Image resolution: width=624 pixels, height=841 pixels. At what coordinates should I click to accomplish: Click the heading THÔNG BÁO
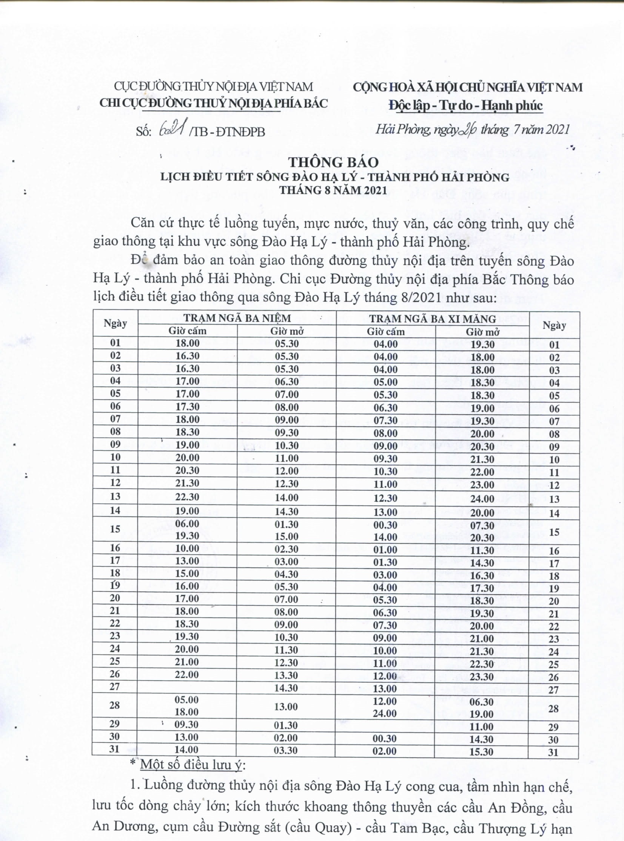coord(334,162)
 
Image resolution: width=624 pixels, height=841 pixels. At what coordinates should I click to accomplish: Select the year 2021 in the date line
coord(558,130)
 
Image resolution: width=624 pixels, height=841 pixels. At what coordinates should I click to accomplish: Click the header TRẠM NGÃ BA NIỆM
coord(237,318)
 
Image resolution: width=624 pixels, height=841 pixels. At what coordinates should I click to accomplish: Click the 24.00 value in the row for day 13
coord(482,499)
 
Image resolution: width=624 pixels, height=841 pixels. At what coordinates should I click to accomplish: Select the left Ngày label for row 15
coord(115,529)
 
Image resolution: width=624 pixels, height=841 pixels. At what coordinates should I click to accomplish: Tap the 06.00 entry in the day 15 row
coord(187,524)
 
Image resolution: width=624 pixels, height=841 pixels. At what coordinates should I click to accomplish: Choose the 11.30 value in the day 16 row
coord(482,550)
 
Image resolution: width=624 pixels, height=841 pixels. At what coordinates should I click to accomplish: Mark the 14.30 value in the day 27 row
coord(286,688)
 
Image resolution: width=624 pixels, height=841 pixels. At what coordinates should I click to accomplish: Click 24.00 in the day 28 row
coord(385,713)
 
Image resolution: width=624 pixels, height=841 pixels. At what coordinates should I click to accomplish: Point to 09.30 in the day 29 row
coord(187,725)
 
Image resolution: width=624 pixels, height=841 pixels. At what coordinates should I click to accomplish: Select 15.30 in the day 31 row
coord(482,751)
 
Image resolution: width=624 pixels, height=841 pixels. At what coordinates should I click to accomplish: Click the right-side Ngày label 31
coord(553,752)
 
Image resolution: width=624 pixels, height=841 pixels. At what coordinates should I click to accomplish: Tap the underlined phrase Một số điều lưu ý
coord(192,765)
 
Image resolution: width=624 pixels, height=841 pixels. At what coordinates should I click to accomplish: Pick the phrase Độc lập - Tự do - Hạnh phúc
coord(466,105)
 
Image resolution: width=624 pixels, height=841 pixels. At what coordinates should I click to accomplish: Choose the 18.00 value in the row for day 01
coord(187,343)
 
